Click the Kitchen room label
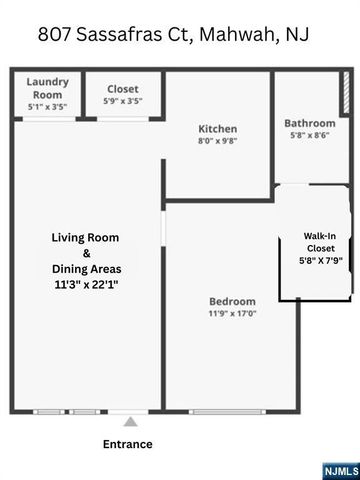pos(217,129)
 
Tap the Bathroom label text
pos(309,124)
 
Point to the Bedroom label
pos(232,301)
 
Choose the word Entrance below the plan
pos(128,444)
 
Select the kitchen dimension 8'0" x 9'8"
pos(217,142)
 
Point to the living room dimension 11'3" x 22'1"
pos(86,285)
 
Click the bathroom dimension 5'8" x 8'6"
pos(309,136)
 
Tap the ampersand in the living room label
pos(86,254)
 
